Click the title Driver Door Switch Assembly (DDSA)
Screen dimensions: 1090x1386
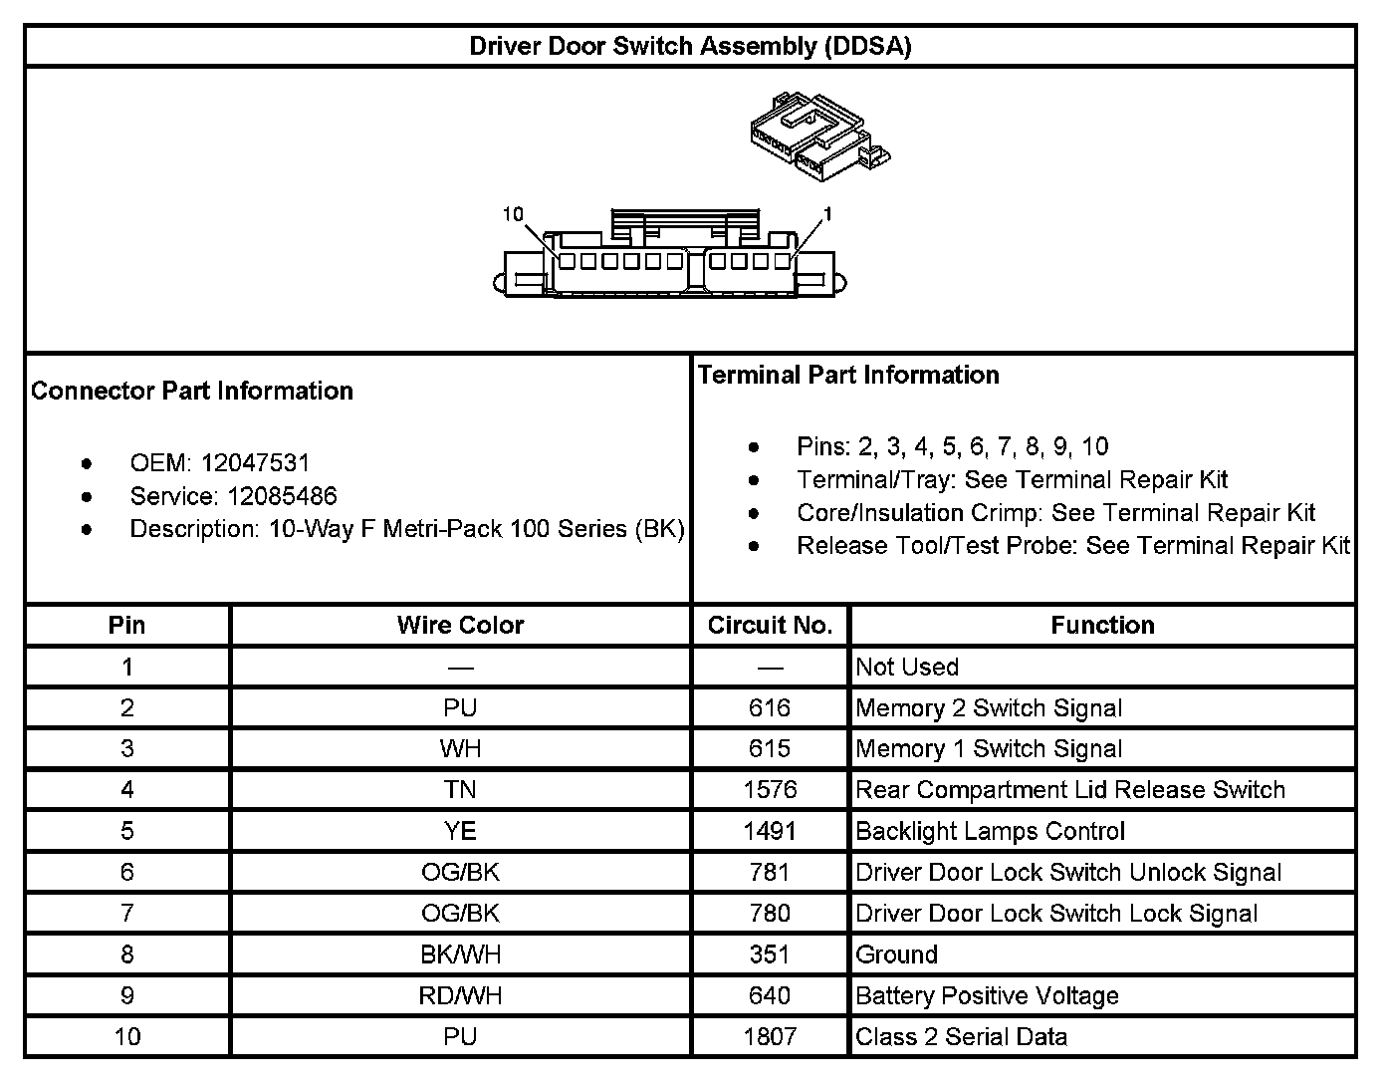point(690,46)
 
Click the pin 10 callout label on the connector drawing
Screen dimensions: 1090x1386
point(513,214)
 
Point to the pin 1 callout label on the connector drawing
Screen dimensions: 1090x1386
point(827,214)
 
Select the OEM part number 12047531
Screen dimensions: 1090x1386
point(255,463)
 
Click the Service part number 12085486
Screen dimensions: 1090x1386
point(282,496)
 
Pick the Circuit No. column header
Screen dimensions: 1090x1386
point(770,626)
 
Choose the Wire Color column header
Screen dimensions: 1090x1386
point(460,626)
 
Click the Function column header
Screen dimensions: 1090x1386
point(1102,626)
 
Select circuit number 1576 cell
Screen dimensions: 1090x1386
point(770,790)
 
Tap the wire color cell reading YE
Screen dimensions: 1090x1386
point(460,831)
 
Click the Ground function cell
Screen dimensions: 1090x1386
point(897,954)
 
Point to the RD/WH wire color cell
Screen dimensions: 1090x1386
point(460,995)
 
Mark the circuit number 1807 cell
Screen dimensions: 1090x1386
point(770,1037)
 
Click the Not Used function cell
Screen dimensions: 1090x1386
point(907,668)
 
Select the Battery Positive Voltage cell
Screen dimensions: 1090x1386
point(987,995)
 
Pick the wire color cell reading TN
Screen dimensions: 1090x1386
point(460,790)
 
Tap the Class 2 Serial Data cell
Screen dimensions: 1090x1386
point(961,1037)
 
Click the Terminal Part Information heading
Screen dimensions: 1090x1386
point(848,376)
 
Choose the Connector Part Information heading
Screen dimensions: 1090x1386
point(192,391)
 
